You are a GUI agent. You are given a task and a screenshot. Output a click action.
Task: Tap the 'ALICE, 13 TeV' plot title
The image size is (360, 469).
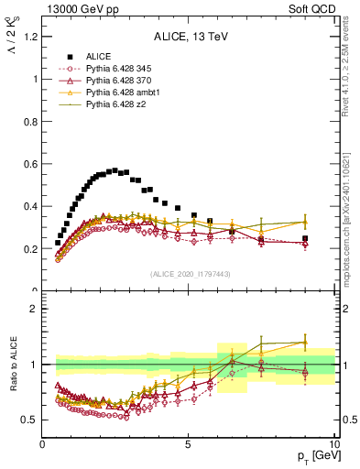(189, 38)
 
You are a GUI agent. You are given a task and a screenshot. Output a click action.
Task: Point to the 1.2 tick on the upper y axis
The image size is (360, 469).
(30, 37)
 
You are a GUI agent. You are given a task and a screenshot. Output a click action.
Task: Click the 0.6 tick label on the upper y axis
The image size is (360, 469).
(30, 164)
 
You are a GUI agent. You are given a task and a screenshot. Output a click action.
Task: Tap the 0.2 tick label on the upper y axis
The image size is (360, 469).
(30, 249)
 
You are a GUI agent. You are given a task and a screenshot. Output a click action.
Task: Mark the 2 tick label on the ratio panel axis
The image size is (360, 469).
(34, 309)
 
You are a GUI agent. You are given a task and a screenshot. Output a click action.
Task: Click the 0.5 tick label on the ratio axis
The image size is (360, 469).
(30, 420)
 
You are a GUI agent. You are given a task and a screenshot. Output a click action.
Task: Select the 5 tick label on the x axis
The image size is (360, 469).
(188, 444)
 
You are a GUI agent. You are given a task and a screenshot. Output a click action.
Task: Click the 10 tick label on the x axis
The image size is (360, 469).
(333, 444)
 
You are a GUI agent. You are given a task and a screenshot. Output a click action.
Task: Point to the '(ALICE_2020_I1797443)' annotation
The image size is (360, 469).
(189, 274)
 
